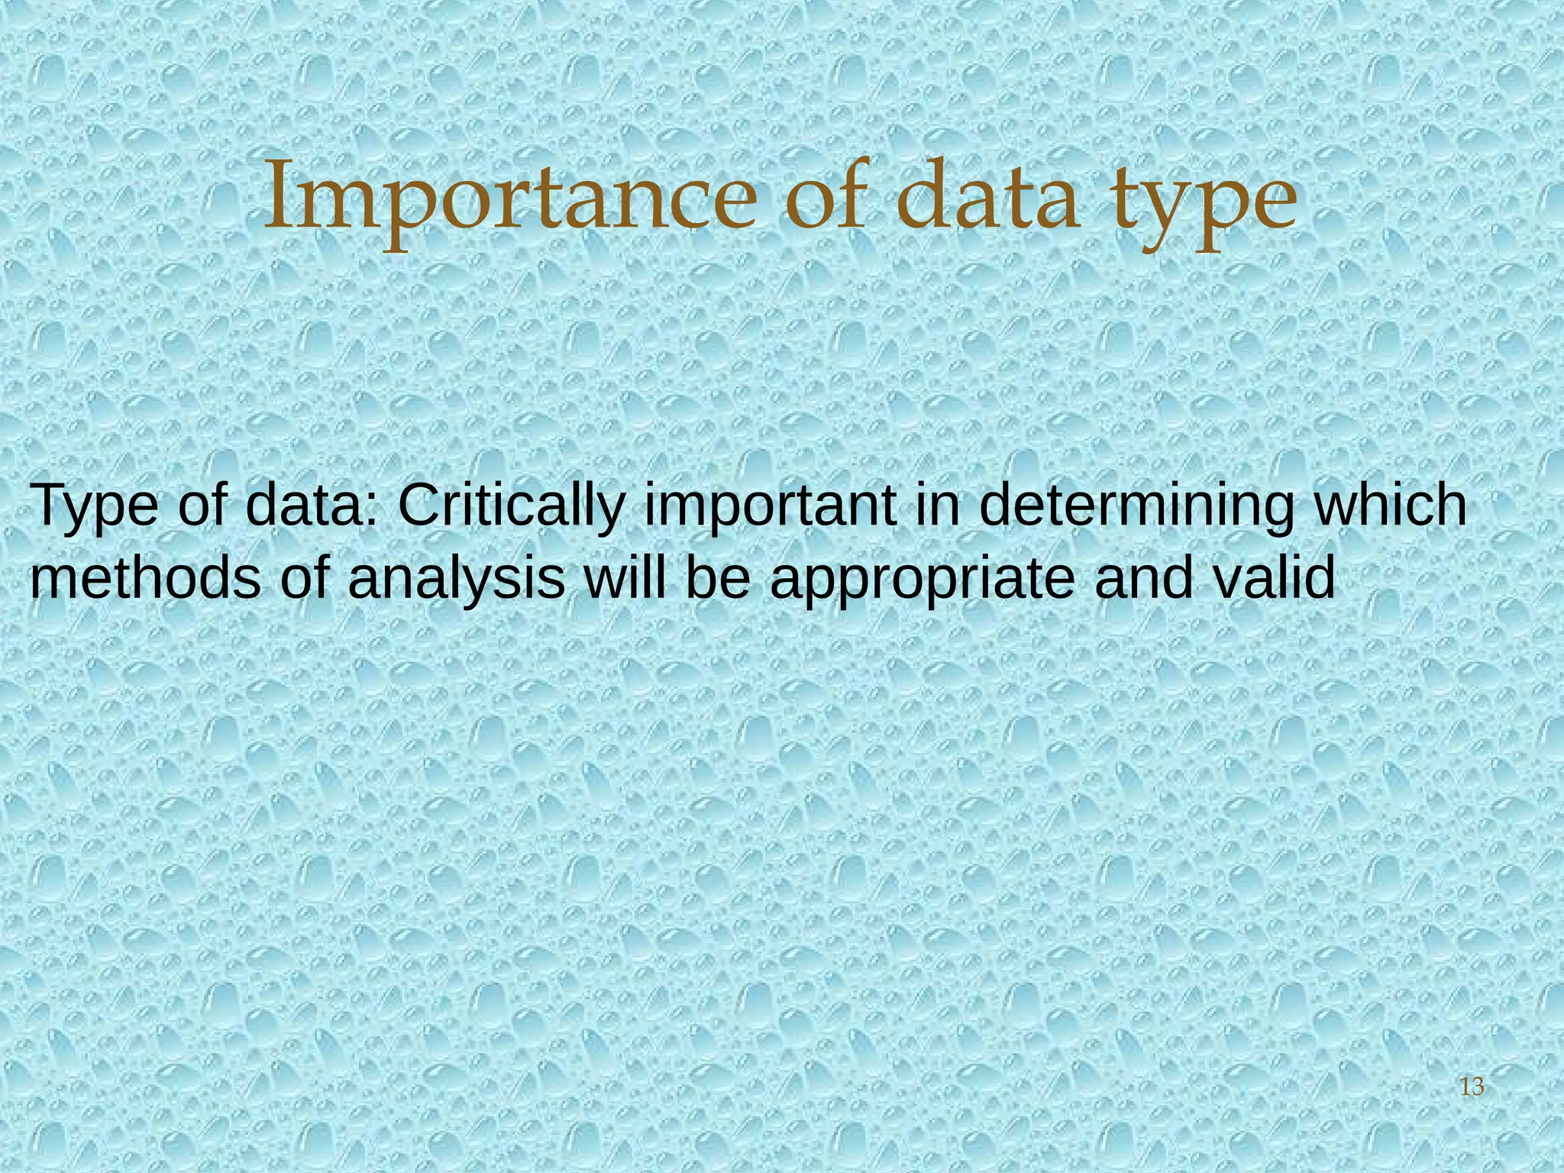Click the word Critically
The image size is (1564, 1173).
point(512,506)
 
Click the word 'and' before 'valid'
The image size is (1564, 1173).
point(1143,577)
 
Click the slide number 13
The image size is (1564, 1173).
point(1471,1086)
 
